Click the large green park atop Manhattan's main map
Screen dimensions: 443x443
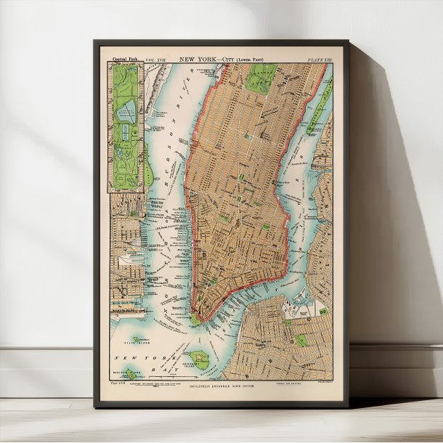pos(261,76)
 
